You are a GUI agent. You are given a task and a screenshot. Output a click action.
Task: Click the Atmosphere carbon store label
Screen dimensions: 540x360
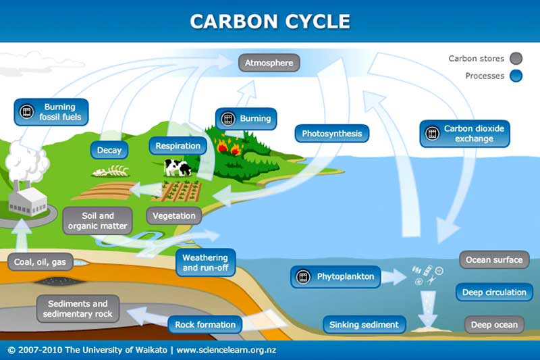269,63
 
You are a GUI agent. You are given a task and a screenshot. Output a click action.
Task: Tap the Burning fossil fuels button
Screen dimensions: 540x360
51,112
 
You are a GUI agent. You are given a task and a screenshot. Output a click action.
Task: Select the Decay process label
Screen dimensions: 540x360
109,150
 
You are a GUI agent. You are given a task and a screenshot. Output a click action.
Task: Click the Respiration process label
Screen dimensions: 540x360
178,146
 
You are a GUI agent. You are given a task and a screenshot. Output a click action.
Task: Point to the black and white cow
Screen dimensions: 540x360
178,168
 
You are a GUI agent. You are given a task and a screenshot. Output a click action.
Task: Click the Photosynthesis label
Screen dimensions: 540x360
332,133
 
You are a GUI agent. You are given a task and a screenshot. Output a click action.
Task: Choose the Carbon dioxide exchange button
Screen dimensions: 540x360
464,134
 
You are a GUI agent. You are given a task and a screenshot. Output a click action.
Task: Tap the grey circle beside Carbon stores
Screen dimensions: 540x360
516,59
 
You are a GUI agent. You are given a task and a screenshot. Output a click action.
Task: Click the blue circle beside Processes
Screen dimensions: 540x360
516,76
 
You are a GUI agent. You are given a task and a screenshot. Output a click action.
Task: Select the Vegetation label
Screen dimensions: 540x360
174,216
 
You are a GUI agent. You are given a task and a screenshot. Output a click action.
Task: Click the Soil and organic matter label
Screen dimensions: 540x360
97,221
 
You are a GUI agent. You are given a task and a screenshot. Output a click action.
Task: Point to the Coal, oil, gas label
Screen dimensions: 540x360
40,262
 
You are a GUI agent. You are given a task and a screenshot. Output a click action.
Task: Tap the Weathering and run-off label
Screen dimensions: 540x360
206,263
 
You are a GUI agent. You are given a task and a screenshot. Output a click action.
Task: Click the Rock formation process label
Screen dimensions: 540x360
205,324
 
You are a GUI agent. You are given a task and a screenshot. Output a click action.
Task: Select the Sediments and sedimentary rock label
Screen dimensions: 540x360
78,309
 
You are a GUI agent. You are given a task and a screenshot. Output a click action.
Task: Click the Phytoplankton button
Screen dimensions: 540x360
335,277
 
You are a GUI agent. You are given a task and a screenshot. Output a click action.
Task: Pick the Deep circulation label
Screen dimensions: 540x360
494,292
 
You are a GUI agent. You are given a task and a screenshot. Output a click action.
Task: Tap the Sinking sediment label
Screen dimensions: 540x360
364,324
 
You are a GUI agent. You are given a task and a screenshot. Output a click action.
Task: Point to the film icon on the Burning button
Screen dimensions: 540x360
227,119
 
